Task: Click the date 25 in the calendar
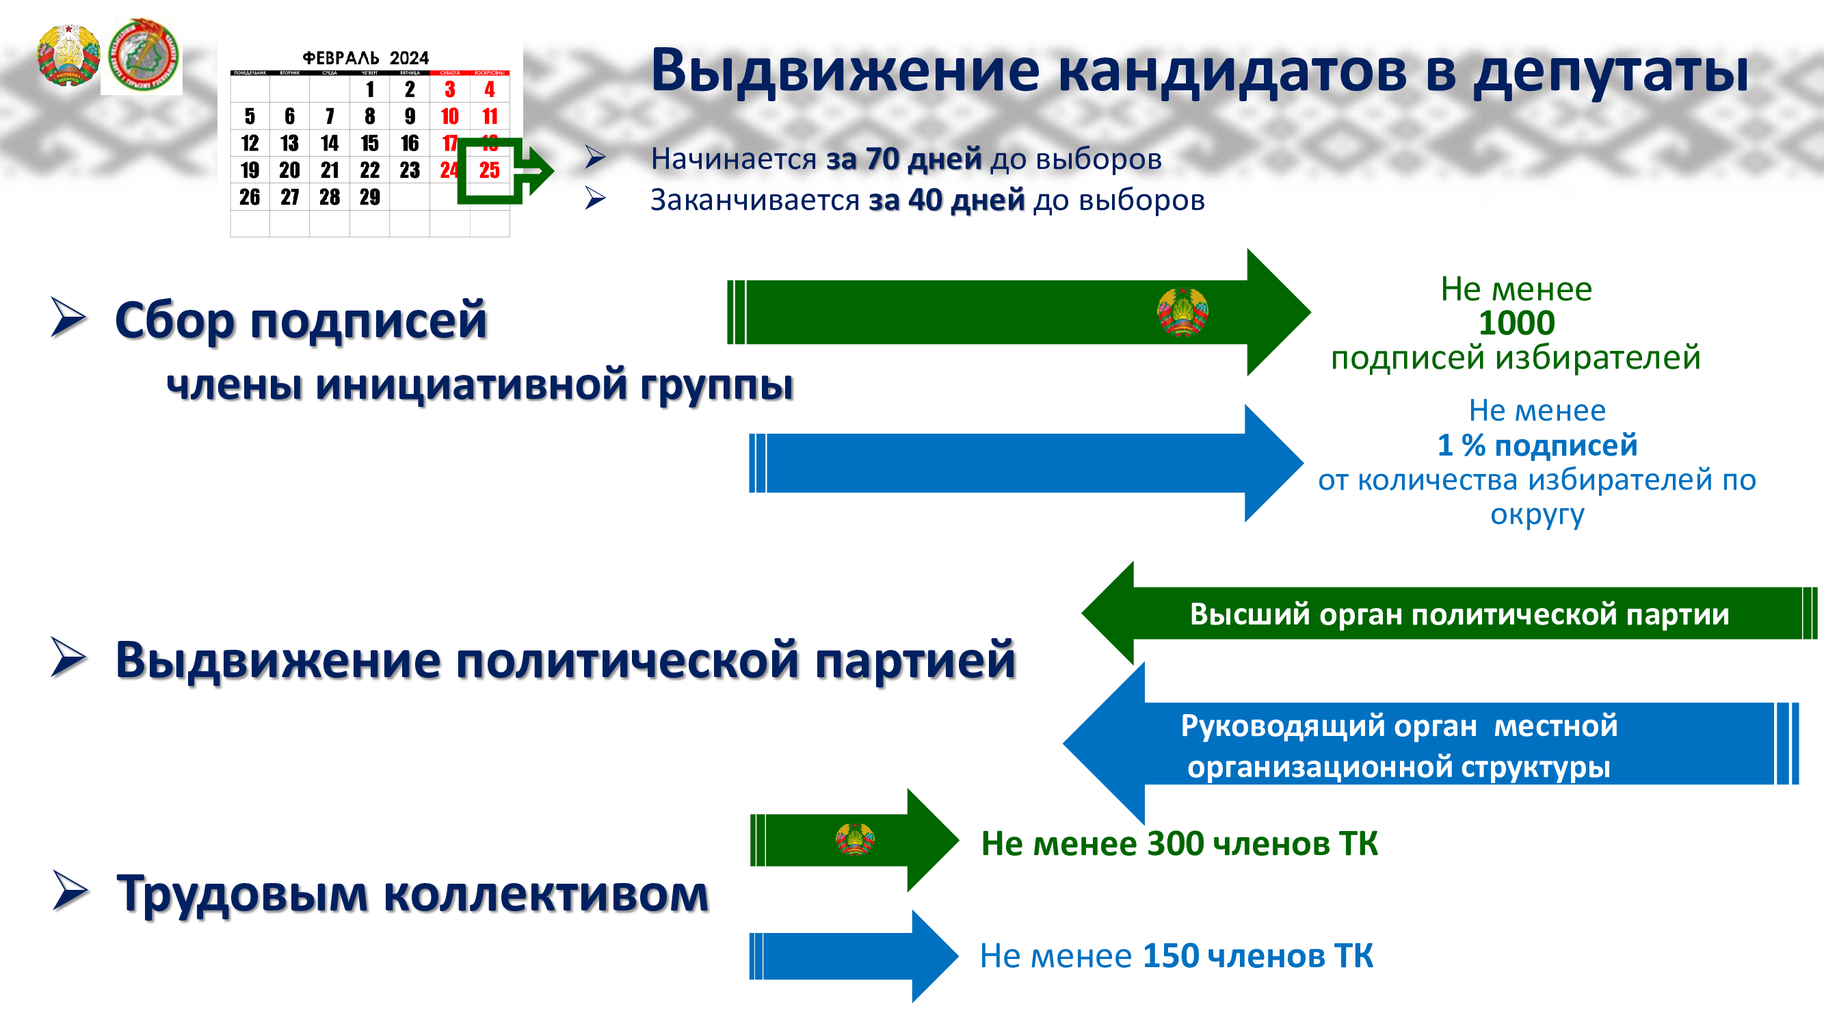(x=489, y=170)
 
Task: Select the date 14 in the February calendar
(x=329, y=143)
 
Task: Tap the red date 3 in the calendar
(x=449, y=89)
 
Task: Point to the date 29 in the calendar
(x=369, y=197)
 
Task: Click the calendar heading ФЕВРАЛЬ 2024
(x=365, y=57)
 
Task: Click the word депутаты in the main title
(x=1610, y=71)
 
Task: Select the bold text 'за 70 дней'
(x=903, y=159)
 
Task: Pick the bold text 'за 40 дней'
(x=947, y=200)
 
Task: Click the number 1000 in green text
(x=1516, y=323)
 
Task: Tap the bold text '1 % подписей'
(x=1537, y=445)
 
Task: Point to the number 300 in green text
(x=1175, y=843)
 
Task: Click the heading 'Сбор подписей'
(x=301, y=320)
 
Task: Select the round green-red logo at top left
(x=142, y=56)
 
